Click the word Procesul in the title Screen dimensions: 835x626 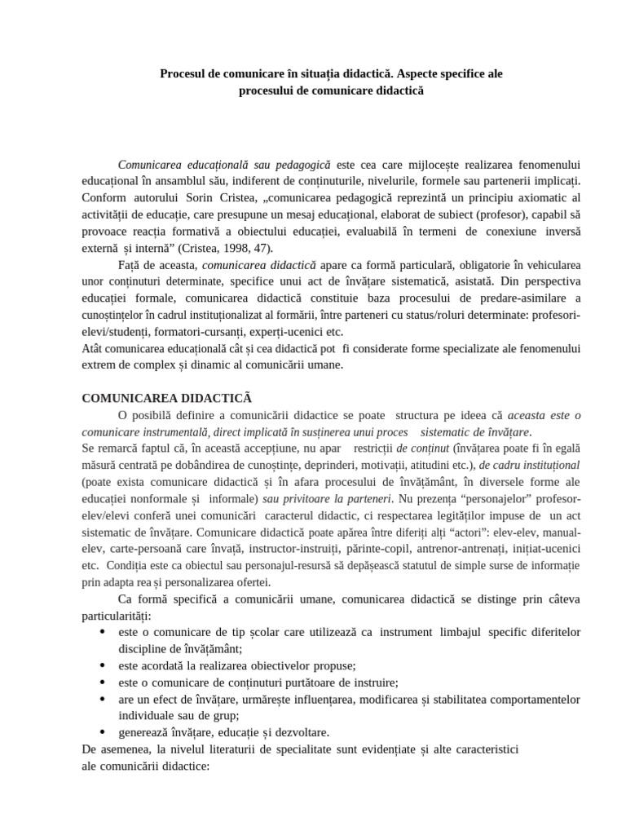click(183, 73)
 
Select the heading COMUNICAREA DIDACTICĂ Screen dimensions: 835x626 click(167, 398)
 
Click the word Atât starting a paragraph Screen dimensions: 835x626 click(95, 348)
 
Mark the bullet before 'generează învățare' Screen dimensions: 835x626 click(101, 732)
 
